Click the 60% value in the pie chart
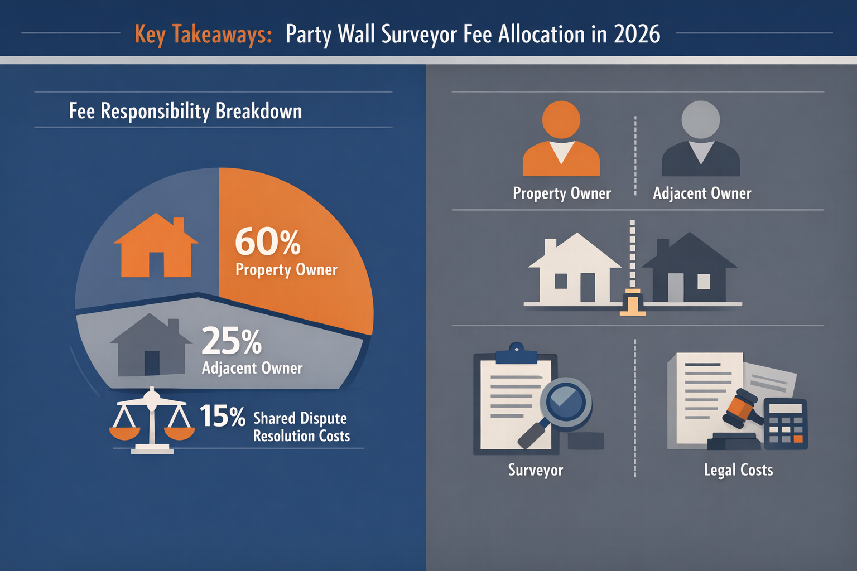click(268, 241)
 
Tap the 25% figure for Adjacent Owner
click(231, 341)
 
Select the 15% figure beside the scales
click(222, 416)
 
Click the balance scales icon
click(152, 422)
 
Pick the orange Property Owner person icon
click(561, 139)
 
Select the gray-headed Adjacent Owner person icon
click(701, 139)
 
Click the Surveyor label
click(536, 470)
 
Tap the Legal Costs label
click(738, 470)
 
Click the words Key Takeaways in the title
click(203, 35)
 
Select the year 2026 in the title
click(637, 35)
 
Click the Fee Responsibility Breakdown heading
click(185, 111)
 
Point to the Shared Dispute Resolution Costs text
click(301, 427)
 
